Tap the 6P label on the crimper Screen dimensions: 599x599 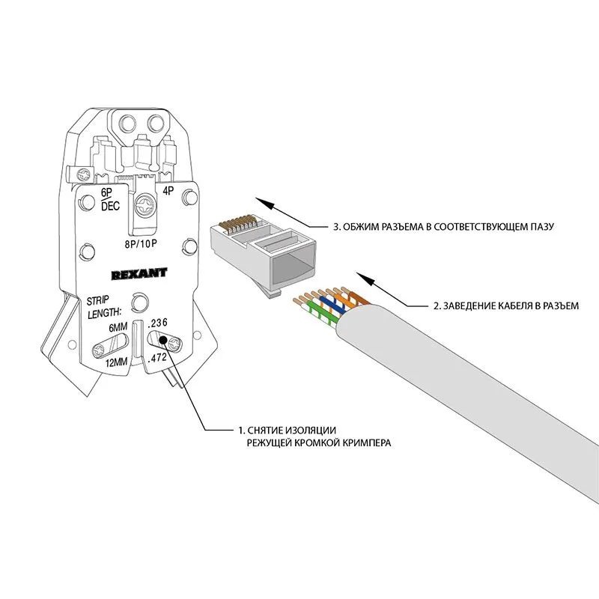coord(106,193)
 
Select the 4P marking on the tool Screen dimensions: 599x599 coord(168,191)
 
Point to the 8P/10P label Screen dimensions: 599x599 coord(142,243)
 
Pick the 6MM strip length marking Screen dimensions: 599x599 coord(118,327)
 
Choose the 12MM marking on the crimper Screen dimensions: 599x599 coord(116,363)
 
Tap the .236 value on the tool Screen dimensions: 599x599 coord(158,323)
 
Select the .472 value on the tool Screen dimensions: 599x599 coord(158,359)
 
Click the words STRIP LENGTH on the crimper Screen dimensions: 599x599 coord(104,306)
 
